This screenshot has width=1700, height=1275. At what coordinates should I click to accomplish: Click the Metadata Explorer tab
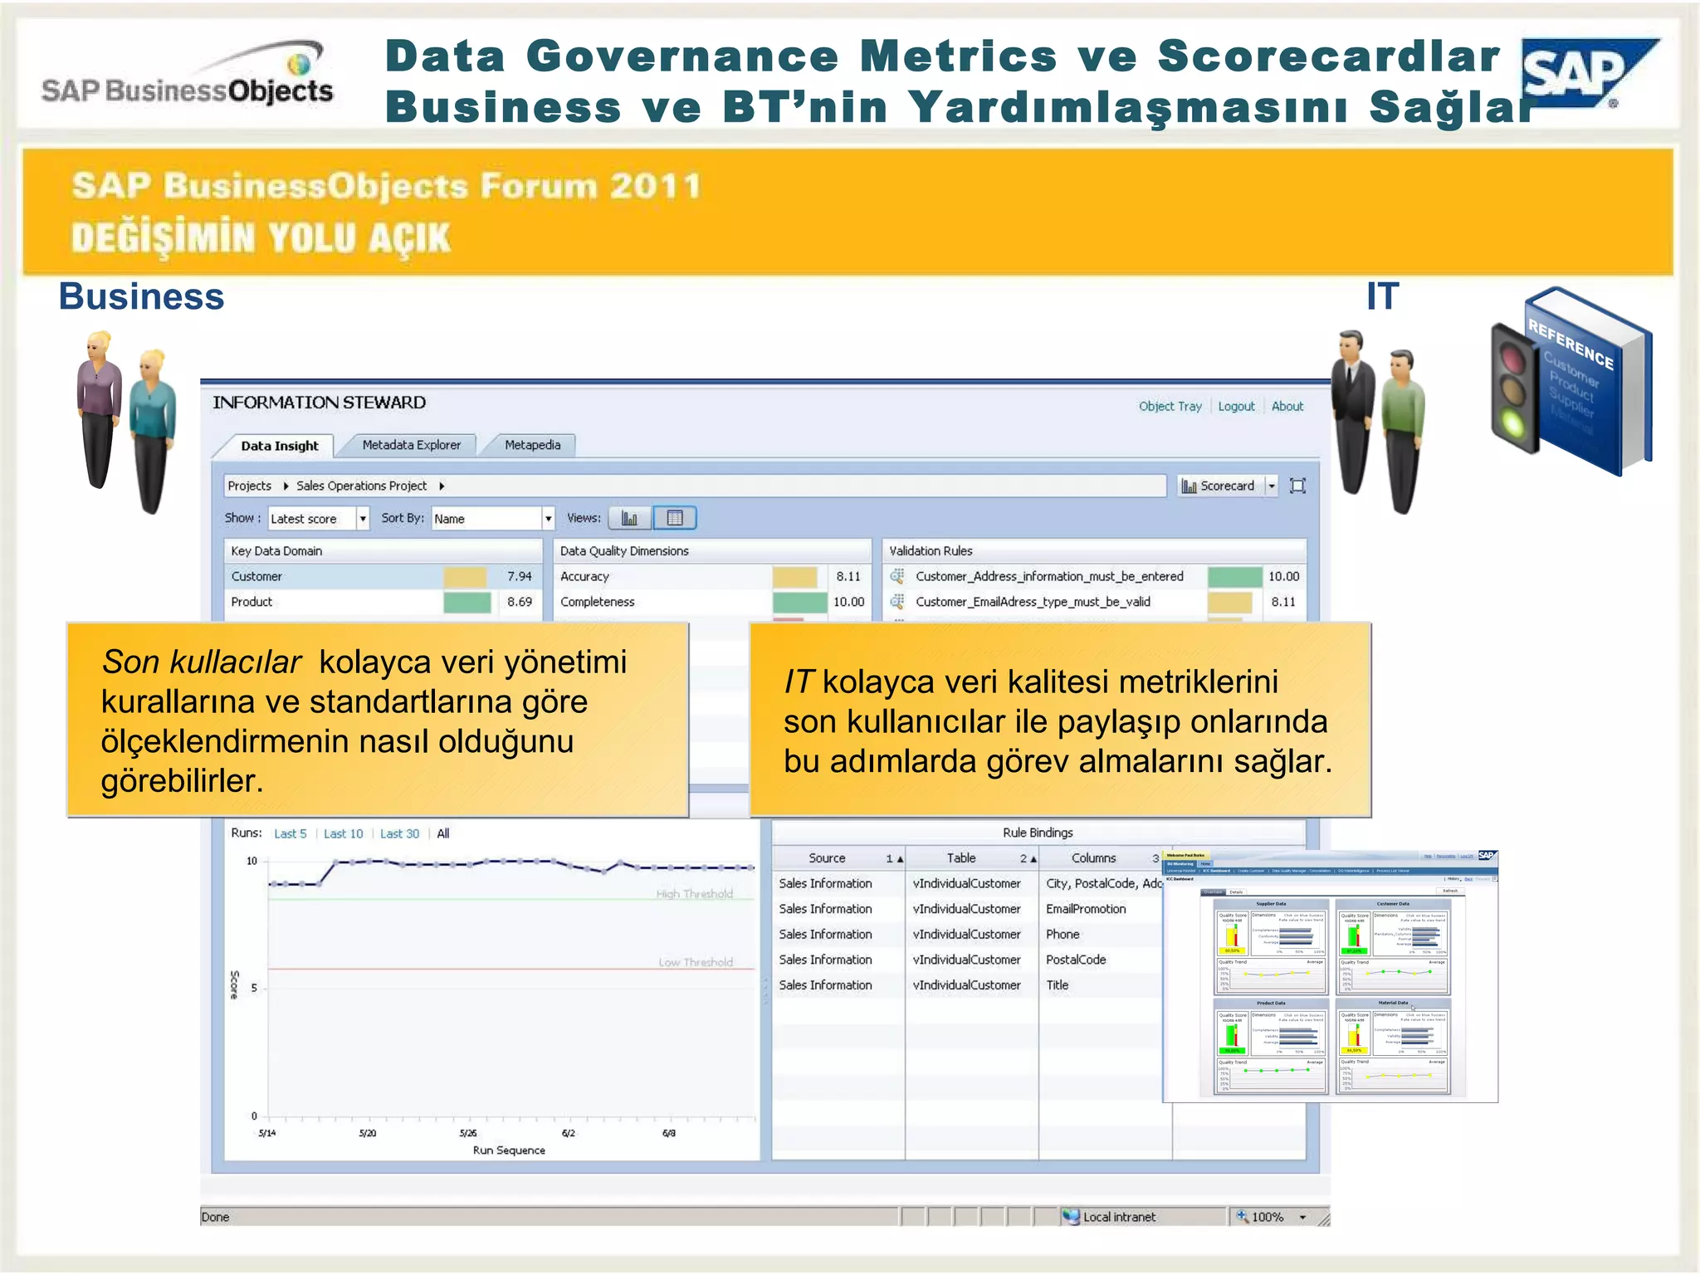tap(411, 445)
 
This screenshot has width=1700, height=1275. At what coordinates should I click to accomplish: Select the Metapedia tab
tap(532, 445)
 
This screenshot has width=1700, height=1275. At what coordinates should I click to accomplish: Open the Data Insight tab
tap(279, 446)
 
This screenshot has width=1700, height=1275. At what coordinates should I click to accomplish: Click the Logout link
tap(1236, 406)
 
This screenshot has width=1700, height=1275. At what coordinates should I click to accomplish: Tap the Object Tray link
tap(1170, 406)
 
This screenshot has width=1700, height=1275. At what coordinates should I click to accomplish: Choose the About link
tap(1287, 406)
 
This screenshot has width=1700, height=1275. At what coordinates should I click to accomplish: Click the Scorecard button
tap(1219, 486)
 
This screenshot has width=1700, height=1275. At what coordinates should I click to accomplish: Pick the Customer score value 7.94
tap(520, 576)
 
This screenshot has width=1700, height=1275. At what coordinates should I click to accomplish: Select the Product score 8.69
tap(520, 602)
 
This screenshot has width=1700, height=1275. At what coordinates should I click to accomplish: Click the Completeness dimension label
tap(597, 602)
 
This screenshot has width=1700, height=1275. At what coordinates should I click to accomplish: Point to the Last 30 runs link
tap(399, 833)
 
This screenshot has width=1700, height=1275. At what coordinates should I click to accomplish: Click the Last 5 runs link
tap(290, 833)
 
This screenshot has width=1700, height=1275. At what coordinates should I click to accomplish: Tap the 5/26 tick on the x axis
tap(468, 1133)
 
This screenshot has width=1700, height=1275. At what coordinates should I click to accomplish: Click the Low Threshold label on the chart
tap(696, 962)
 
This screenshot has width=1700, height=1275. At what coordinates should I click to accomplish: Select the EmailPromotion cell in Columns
tap(1086, 909)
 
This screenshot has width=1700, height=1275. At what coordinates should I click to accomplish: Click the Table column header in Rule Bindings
tap(961, 858)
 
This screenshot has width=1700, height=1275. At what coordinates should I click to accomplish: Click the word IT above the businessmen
tap(1382, 296)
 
